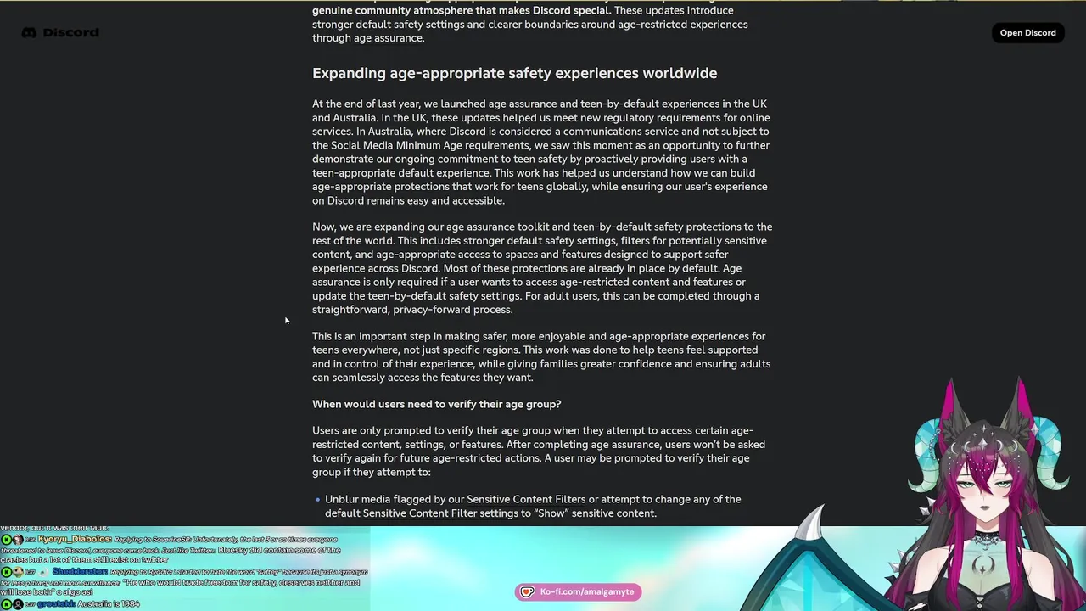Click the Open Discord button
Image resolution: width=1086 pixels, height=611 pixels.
(x=1027, y=33)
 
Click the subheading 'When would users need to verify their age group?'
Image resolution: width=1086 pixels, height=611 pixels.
(x=436, y=405)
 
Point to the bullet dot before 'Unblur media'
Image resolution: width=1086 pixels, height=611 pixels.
(x=317, y=500)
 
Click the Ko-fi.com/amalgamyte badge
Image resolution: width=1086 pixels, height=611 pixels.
(x=578, y=592)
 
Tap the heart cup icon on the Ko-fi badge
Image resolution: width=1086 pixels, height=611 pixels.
(x=528, y=592)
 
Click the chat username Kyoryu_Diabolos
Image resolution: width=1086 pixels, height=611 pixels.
(x=74, y=540)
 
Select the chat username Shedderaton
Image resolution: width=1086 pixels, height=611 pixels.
(x=80, y=572)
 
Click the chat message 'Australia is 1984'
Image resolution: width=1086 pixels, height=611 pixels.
(x=108, y=604)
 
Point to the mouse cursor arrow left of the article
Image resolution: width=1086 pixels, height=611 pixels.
(x=287, y=320)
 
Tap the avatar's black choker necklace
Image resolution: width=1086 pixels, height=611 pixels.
(x=985, y=536)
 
